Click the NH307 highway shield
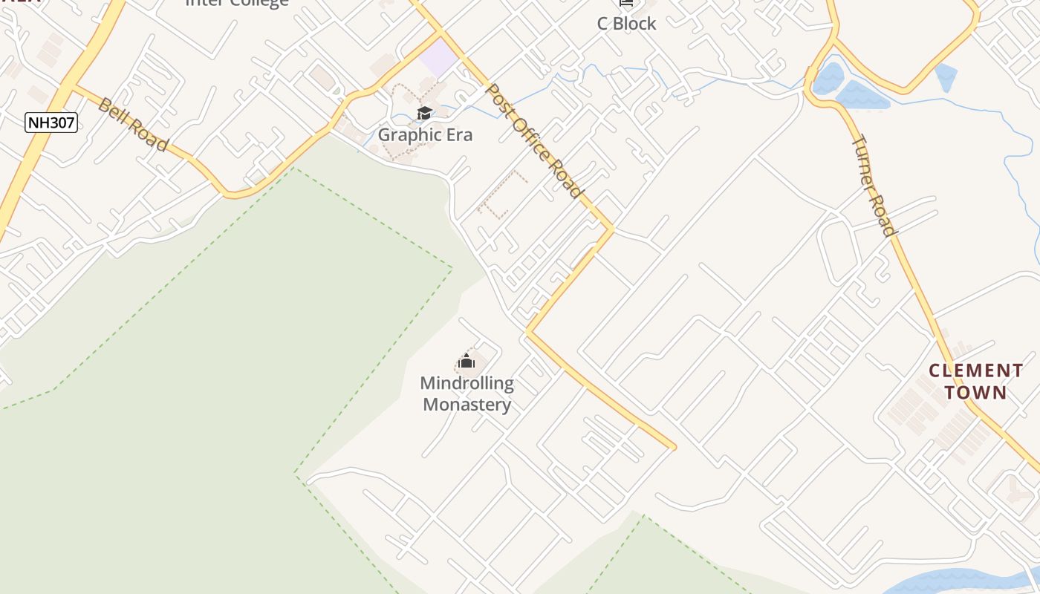coord(51,123)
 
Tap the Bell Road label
coord(133,124)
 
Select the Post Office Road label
coord(533,141)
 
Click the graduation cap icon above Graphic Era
coord(424,114)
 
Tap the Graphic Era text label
coord(425,135)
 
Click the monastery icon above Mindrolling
coord(467,362)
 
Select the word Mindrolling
coord(467,384)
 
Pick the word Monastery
coord(467,405)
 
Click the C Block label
coord(627,24)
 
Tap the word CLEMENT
coord(975,371)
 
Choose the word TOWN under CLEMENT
coord(975,392)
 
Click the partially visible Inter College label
coord(236,3)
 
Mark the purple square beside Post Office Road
coord(439,57)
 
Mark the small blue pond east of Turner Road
coord(946,77)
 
